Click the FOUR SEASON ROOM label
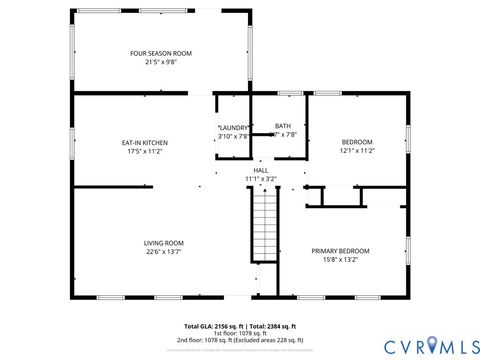160,53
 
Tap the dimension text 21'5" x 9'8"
160,62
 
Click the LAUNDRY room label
233,127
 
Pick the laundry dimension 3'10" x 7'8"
233,136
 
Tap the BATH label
284,126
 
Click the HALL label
260,170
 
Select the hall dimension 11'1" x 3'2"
260,179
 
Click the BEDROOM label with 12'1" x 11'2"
357,143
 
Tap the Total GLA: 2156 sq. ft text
213,326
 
